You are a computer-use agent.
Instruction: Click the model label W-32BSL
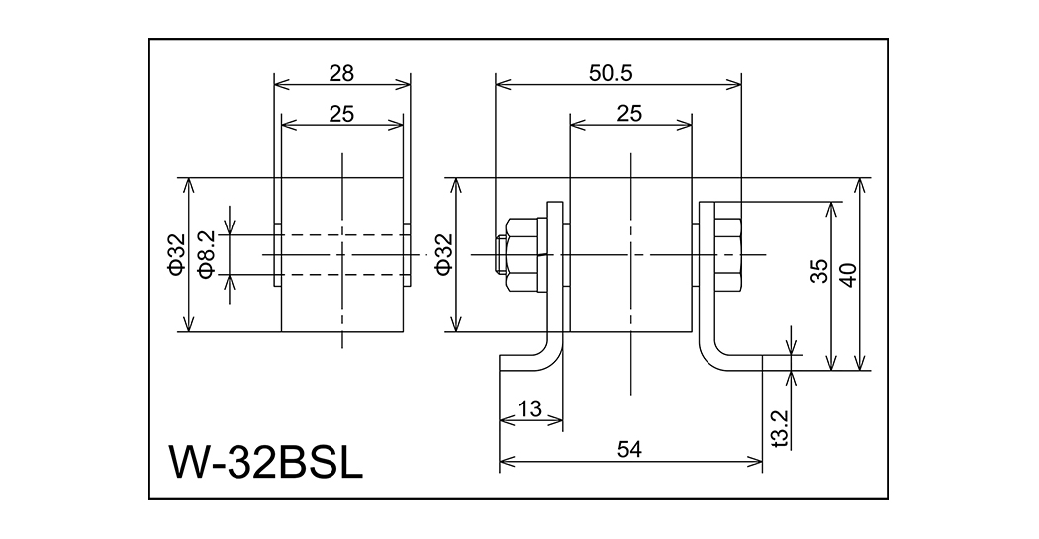(266, 461)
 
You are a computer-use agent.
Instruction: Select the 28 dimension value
(341, 72)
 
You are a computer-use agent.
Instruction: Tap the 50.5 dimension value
(618, 72)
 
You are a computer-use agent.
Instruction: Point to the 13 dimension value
(529, 407)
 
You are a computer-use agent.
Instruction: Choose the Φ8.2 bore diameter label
(207, 254)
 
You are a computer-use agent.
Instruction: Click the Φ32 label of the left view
(176, 254)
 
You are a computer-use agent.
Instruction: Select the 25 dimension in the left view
(341, 114)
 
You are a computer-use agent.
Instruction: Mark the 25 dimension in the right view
(629, 114)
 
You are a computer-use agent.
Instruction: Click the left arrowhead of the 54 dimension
(505, 462)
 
